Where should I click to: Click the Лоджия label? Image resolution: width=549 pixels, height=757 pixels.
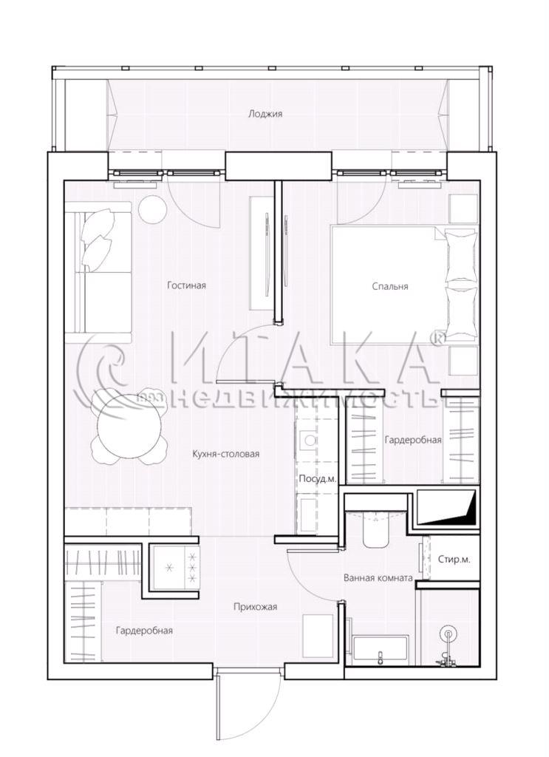[x=265, y=115]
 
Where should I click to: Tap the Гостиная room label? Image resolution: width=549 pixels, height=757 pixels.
[x=187, y=285]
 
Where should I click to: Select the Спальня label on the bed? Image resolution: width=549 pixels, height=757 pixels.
[x=390, y=286]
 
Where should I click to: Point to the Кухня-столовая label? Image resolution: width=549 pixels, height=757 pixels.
[x=226, y=454]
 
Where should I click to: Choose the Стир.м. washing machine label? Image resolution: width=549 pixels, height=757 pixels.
[x=454, y=560]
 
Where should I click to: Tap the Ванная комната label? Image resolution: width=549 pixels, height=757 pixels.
[x=378, y=577]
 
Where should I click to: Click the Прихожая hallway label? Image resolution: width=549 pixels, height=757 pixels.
[x=255, y=607]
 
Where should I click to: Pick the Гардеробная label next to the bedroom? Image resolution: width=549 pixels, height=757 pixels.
[x=413, y=440]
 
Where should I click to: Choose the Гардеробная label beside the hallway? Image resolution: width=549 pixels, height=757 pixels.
[x=144, y=631]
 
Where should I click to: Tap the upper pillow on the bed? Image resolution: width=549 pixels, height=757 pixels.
[x=460, y=256]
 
